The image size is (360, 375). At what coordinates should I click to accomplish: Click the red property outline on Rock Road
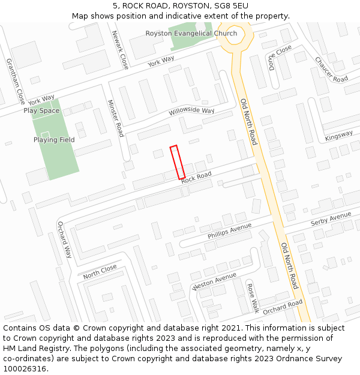[x=177, y=162]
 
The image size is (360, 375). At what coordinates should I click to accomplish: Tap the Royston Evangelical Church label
[x=191, y=33]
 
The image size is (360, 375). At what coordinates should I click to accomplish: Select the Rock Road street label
[x=196, y=177]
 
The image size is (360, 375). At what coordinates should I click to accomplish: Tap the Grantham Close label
[x=15, y=80]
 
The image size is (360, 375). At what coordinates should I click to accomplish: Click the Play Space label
[x=41, y=110]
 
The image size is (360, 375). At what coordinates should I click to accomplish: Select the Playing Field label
[x=54, y=140]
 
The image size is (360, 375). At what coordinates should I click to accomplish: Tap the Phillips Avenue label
[x=230, y=231]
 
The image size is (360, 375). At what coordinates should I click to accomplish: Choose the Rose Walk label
[x=253, y=298]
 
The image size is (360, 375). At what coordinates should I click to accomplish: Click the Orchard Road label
[x=283, y=306]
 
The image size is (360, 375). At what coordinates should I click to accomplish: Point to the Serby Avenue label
[x=331, y=219]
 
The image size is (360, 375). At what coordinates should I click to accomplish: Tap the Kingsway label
[x=339, y=136]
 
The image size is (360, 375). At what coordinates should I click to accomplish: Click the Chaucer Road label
[x=331, y=70]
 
